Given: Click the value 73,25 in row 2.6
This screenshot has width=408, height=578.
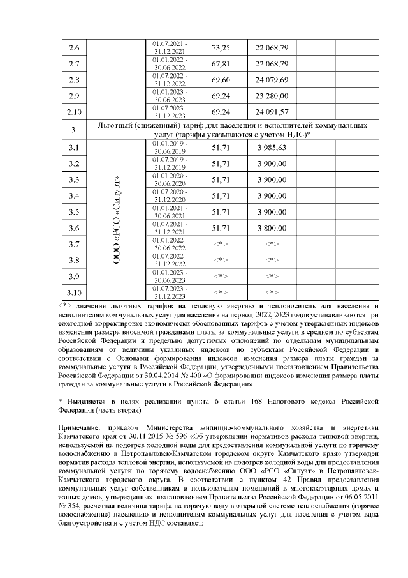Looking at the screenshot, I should point(221,48).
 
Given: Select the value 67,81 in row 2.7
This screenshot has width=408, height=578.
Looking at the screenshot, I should point(221,64).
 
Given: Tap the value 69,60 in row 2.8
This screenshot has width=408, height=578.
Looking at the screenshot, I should point(221,80).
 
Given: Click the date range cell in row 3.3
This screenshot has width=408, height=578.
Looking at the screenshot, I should point(170,180).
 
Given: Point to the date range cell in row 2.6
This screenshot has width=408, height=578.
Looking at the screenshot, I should point(170,48).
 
